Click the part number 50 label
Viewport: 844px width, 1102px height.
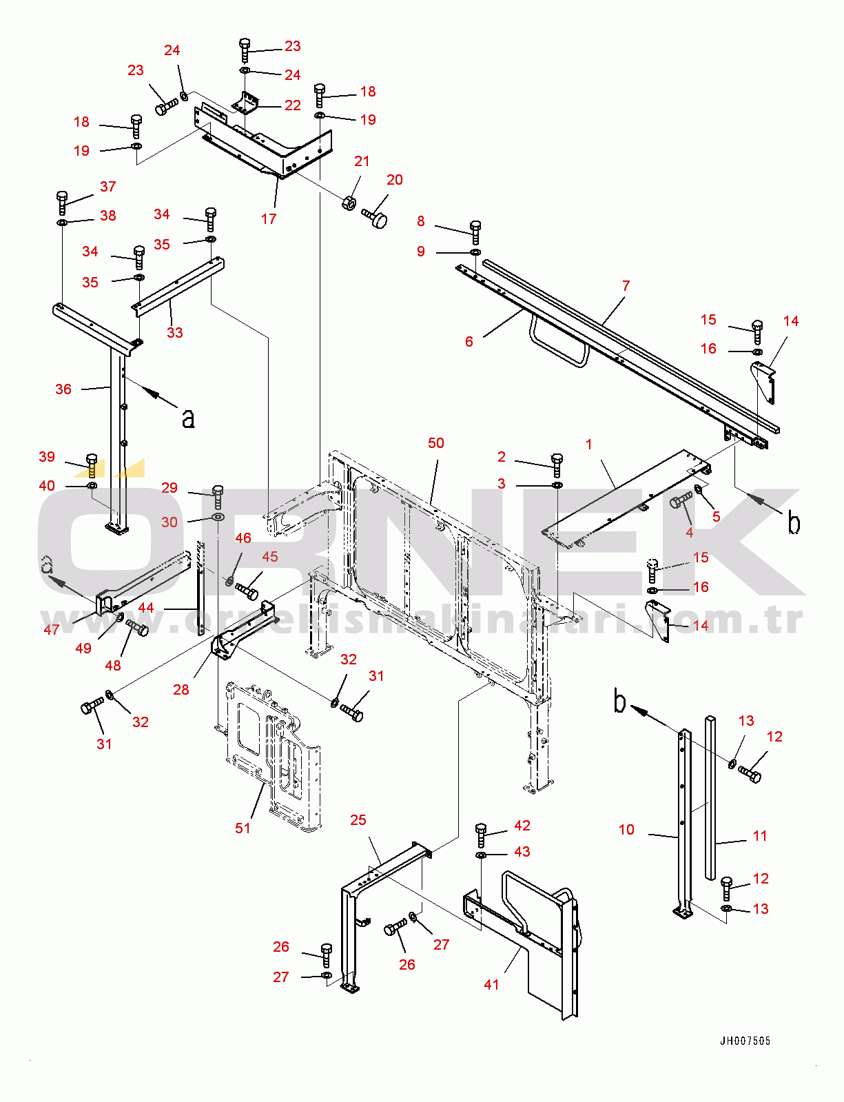click(436, 443)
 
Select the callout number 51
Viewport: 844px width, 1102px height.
click(243, 828)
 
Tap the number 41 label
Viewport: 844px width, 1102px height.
click(491, 985)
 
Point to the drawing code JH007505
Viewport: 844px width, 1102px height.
click(745, 1041)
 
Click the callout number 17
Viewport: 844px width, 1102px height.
click(269, 219)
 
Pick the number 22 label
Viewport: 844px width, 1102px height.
click(293, 105)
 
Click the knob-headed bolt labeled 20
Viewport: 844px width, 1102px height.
click(375, 218)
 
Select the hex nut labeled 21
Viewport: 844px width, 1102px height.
click(349, 203)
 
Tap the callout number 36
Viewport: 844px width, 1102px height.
click(63, 389)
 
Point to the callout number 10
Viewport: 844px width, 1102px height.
click(626, 830)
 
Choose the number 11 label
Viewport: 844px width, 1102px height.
click(760, 836)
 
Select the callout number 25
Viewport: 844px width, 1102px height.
click(358, 820)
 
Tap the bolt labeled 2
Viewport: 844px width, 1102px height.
click(557, 465)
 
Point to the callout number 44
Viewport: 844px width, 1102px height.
click(146, 608)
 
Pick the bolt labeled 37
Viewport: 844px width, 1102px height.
click(62, 203)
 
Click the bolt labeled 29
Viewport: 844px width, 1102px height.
click(218, 496)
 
